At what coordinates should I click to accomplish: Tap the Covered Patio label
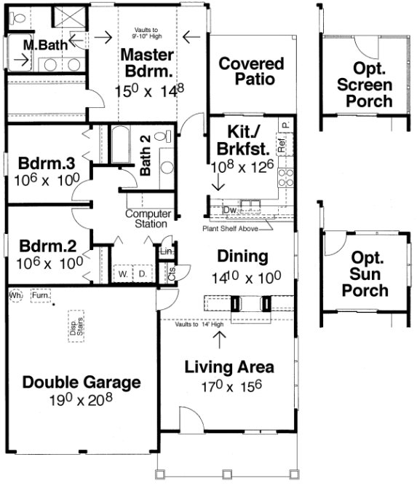click(x=252, y=71)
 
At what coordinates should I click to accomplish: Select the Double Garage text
click(x=81, y=382)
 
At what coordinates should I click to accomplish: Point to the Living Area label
click(x=229, y=366)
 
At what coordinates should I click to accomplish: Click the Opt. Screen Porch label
click(x=368, y=85)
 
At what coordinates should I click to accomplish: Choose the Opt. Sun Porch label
click(x=368, y=274)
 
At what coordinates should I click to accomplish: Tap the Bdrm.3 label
click(x=44, y=162)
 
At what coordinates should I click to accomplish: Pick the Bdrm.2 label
click(x=44, y=246)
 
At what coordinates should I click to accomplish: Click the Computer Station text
click(x=148, y=219)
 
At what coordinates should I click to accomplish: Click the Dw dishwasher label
click(x=229, y=210)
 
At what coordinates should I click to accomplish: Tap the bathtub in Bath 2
click(x=119, y=149)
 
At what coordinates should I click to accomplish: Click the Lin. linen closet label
click(x=167, y=252)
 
